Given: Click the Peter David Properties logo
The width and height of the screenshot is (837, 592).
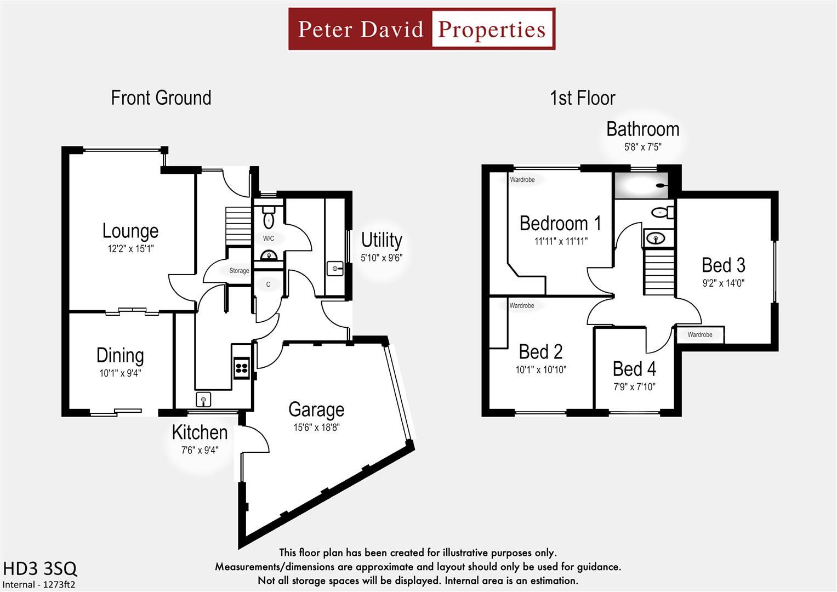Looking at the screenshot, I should point(422,29).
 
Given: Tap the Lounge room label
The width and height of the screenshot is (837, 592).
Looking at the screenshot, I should point(130,231).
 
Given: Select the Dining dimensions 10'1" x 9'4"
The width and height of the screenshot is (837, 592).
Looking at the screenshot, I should point(120,373).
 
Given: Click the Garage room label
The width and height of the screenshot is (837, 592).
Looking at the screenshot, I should point(316,409).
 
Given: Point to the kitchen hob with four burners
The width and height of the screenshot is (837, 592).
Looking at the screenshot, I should point(242,367).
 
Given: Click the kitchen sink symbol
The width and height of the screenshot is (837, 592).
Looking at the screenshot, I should point(203,399).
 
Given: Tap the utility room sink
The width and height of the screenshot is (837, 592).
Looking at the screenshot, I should point(335,269).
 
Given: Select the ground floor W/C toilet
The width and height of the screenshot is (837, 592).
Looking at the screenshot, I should point(269,218).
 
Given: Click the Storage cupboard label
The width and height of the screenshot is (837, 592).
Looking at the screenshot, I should point(239,271).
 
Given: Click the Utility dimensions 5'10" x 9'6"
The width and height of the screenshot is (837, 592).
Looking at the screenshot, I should point(382,258).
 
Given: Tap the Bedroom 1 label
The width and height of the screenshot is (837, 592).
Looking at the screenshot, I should point(560,224).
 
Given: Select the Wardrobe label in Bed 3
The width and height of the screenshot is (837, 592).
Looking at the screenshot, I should point(699,335).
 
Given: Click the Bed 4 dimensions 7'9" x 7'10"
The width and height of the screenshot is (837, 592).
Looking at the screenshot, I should point(634,386).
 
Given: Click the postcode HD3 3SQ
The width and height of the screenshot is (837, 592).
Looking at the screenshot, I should point(40,568).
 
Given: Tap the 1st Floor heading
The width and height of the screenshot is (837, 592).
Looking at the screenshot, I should point(582,98).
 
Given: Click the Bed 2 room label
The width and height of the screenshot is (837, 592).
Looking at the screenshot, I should point(540,351).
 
